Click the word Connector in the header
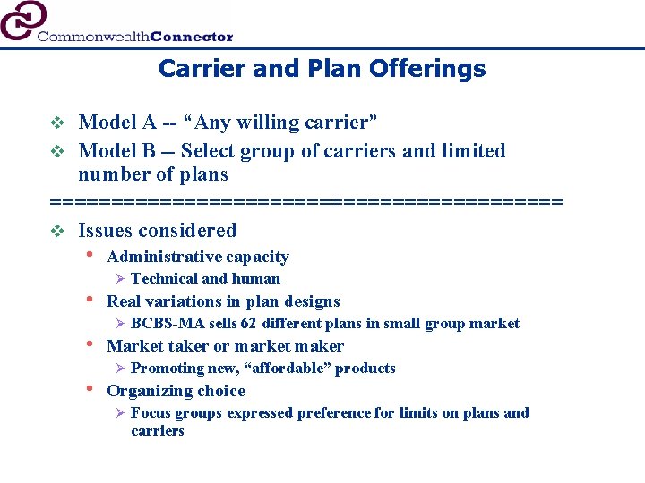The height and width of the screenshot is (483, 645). [192, 37]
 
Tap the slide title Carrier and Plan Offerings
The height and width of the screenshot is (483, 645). [322, 69]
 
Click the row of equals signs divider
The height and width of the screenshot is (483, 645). [306, 201]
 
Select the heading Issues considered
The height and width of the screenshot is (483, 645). [158, 230]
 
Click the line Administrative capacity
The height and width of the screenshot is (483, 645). [197, 257]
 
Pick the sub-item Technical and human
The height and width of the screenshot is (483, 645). [205, 278]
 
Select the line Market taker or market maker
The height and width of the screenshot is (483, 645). [225, 346]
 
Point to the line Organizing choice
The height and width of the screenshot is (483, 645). [176, 391]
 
